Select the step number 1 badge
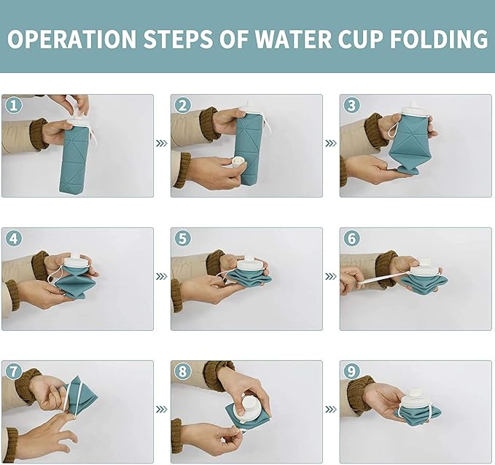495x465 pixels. click(x=13, y=106)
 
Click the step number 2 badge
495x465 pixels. click(x=182, y=106)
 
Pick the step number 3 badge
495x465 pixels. click(x=351, y=106)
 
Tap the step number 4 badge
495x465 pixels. click(x=13, y=239)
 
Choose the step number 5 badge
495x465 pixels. click(x=182, y=239)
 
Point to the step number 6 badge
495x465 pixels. click(x=351, y=239)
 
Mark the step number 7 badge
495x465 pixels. click(x=13, y=372)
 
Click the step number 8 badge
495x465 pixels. click(x=182, y=372)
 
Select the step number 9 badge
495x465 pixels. click(x=351, y=372)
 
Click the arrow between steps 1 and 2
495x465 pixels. click(x=162, y=144)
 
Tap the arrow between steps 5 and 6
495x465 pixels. click(x=331, y=277)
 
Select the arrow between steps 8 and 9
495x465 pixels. click(x=331, y=410)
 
